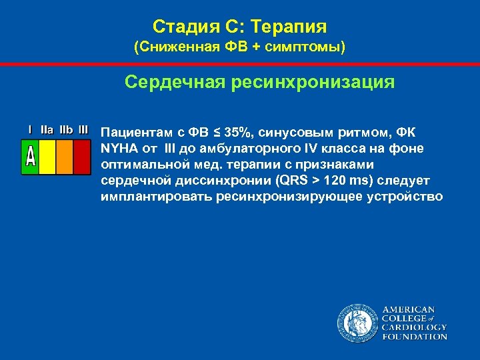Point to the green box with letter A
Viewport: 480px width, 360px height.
[x=30, y=157]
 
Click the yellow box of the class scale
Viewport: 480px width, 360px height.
[x=47, y=157]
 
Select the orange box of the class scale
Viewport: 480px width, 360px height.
[x=64, y=157]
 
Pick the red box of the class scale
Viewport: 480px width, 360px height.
[x=81, y=157]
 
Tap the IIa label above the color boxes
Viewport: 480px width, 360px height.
[x=47, y=129]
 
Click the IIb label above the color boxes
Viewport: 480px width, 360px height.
[x=66, y=129]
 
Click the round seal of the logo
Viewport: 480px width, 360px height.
[x=357, y=323]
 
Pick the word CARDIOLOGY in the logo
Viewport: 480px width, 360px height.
[x=414, y=327]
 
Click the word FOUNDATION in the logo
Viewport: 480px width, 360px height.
[x=414, y=337]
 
